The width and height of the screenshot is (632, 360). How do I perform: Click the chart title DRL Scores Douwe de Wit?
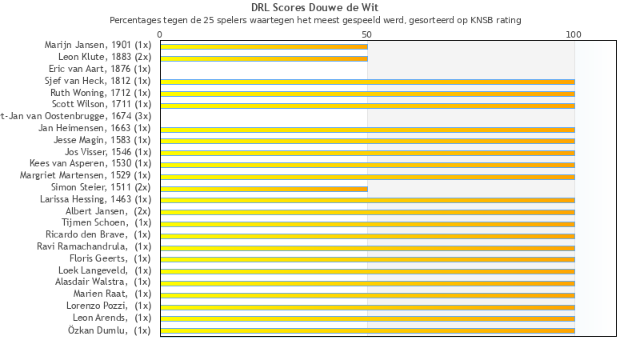click(x=315, y=8)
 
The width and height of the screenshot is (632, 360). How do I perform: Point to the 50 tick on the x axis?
click(x=367, y=34)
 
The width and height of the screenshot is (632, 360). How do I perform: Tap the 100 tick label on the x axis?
click(x=574, y=34)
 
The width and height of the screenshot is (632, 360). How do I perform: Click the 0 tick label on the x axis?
click(x=160, y=34)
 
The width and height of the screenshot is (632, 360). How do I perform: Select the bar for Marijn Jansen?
click(x=264, y=46)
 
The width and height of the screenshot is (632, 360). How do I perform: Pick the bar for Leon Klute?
click(x=264, y=58)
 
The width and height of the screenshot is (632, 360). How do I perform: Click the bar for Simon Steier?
click(x=264, y=189)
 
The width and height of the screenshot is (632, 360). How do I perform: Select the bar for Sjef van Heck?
click(x=367, y=82)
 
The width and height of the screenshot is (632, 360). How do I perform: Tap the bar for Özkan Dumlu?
click(x=367, y=330)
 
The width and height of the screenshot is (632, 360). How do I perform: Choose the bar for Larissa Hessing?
click(x=367, y=200)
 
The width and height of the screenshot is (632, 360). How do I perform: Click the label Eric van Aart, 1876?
click(x=100, y=69)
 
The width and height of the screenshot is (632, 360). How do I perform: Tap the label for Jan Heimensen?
click(x=94, y=128)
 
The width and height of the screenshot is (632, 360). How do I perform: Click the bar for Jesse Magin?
click(x=367, y=141)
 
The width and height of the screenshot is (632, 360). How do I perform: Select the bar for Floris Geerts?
click(x=367, y=259)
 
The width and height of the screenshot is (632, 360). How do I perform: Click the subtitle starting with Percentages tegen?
click(x=315, y=19)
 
